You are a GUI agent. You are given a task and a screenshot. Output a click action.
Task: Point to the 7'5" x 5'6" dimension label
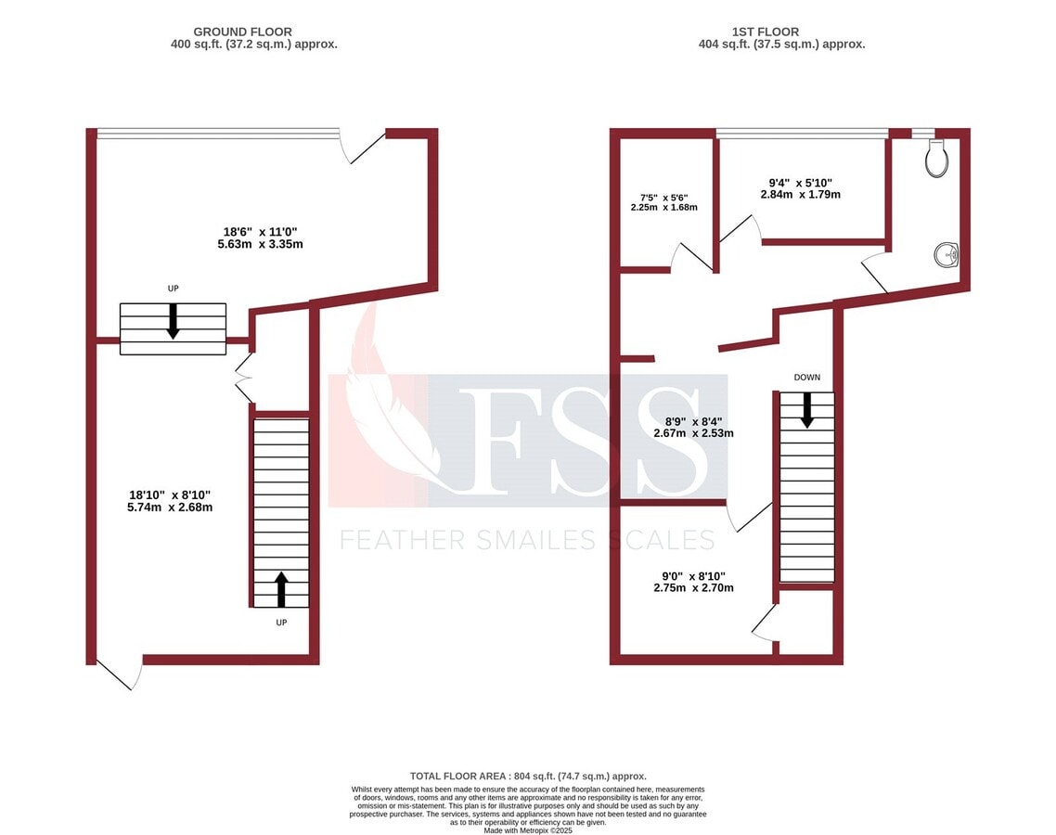pyautogui.click(x=663, y=201)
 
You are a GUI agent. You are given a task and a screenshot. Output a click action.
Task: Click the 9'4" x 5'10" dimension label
pyautogui.click(x=800, y=188)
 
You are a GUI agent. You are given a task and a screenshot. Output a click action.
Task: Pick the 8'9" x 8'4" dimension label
pyautogui.click(x=693, y=426)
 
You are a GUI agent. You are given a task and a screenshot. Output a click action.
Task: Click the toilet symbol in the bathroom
pyautogui.click(x=936, y=160)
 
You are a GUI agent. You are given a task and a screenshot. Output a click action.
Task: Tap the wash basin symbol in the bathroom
pyautogui.click(x=947, y=253)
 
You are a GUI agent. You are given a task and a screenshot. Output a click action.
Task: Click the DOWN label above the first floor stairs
pyautogui.click(x=806, y=378)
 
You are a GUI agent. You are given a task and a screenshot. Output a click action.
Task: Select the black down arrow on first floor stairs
pyautogui.click(x=806, y=409)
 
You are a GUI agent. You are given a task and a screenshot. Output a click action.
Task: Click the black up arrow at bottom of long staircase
pyautogui.click(x=281, y=588)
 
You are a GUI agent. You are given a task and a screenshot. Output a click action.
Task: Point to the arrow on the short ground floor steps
pyautogui.click(x=173, y=320)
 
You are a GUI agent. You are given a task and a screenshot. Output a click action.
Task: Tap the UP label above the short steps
pyautogui.click(x=173, y=289)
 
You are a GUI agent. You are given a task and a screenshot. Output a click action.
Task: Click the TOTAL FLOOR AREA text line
pyautogui.click(x=528, y=776)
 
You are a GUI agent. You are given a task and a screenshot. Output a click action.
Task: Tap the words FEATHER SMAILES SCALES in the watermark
pyautogui.click(x=527, y=540)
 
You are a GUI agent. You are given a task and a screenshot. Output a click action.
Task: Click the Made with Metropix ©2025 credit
pyautogui.click(x=528, y=830)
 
